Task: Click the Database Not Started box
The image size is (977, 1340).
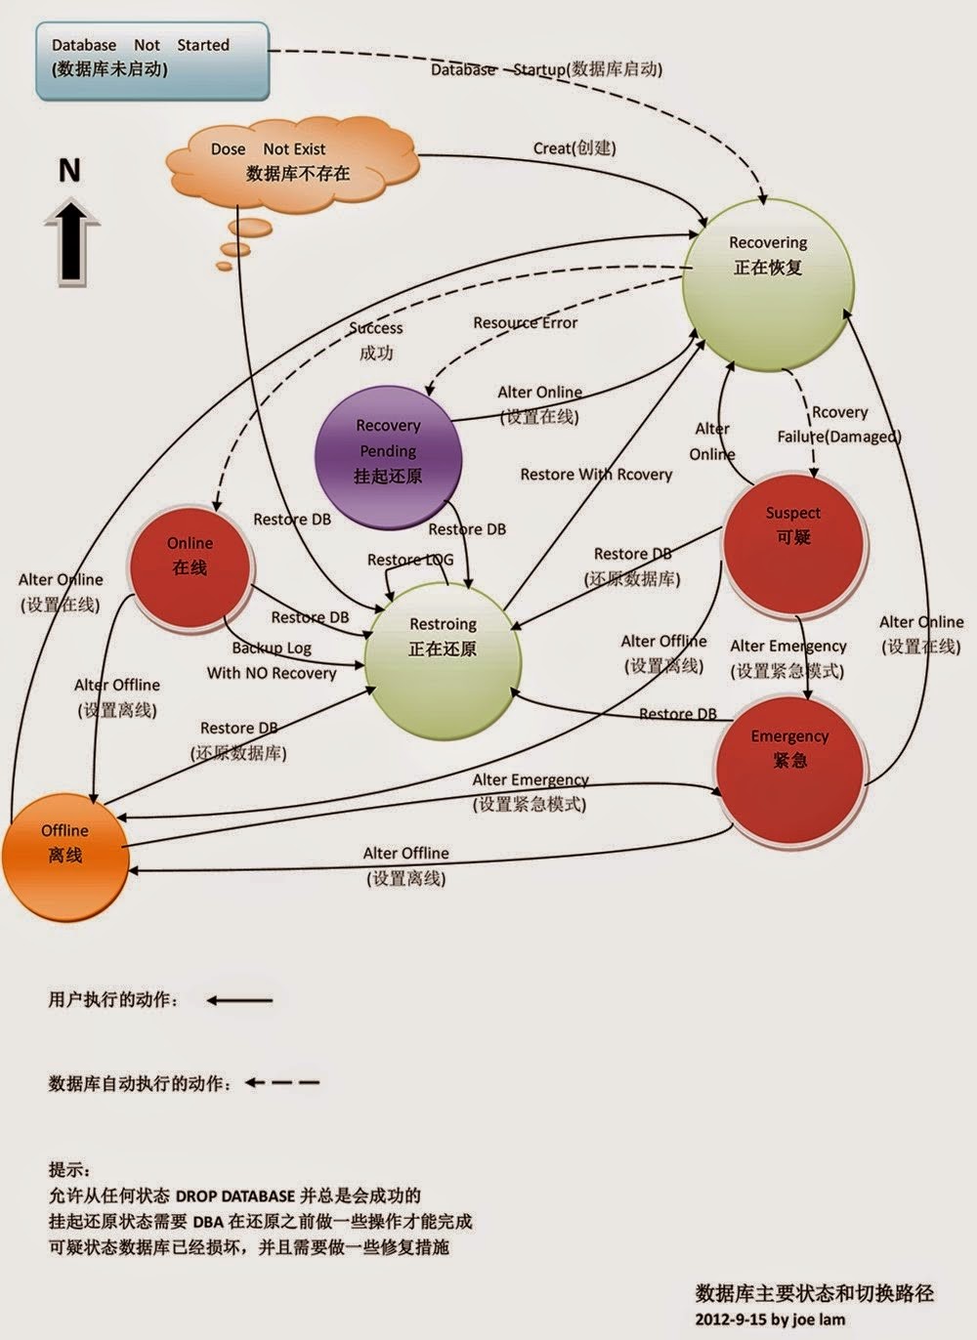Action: (x=152, y=62)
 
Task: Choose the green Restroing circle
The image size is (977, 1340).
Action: (x=443, y=650)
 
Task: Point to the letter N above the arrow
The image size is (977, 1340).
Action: (x=69, y=171)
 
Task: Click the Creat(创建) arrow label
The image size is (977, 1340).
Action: (x=574, y=148)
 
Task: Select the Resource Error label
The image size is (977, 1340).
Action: (x=526, y=323)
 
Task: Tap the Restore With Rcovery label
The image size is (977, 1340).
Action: (x=596, y=475)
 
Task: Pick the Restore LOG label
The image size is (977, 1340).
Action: (x=409, y=560)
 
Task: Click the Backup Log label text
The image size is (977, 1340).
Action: (x=272, y=648)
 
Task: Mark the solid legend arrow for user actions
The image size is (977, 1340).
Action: (x=239, y=1000)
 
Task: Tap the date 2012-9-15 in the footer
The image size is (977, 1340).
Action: (x=731, y=1319)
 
